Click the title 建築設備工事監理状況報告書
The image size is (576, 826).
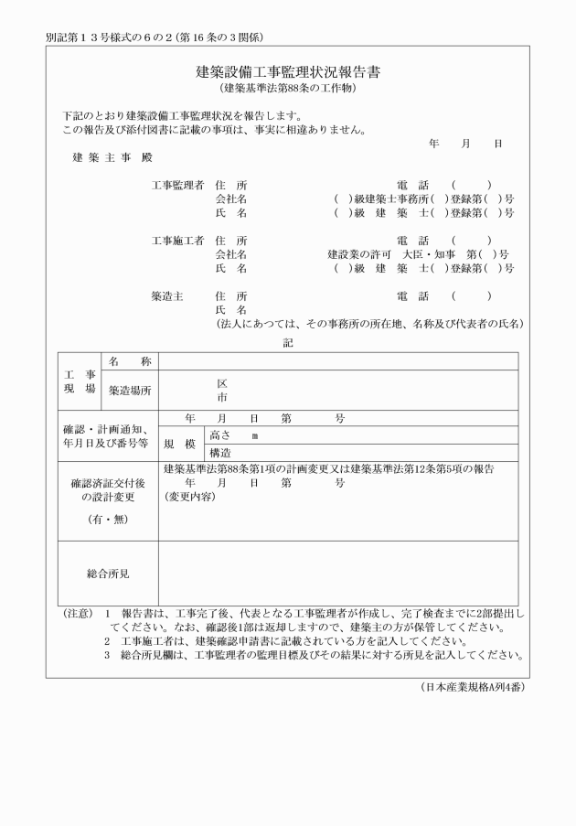pos(287,72)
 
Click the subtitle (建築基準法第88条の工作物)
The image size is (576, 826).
pos(287,89)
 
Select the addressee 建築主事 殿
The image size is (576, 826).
pos(112,158)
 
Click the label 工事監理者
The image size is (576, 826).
pos(177,186)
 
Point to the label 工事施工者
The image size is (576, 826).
pos(177,241)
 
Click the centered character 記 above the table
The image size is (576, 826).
pos(288,341)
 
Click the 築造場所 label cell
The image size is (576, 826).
pos(130,391)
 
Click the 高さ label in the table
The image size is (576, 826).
pos(219,435)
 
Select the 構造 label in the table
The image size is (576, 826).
pos(219,453)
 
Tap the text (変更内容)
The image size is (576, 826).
pos(189,497)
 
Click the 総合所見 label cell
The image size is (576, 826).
pos(108,574)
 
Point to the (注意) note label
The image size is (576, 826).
pos(76,615)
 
